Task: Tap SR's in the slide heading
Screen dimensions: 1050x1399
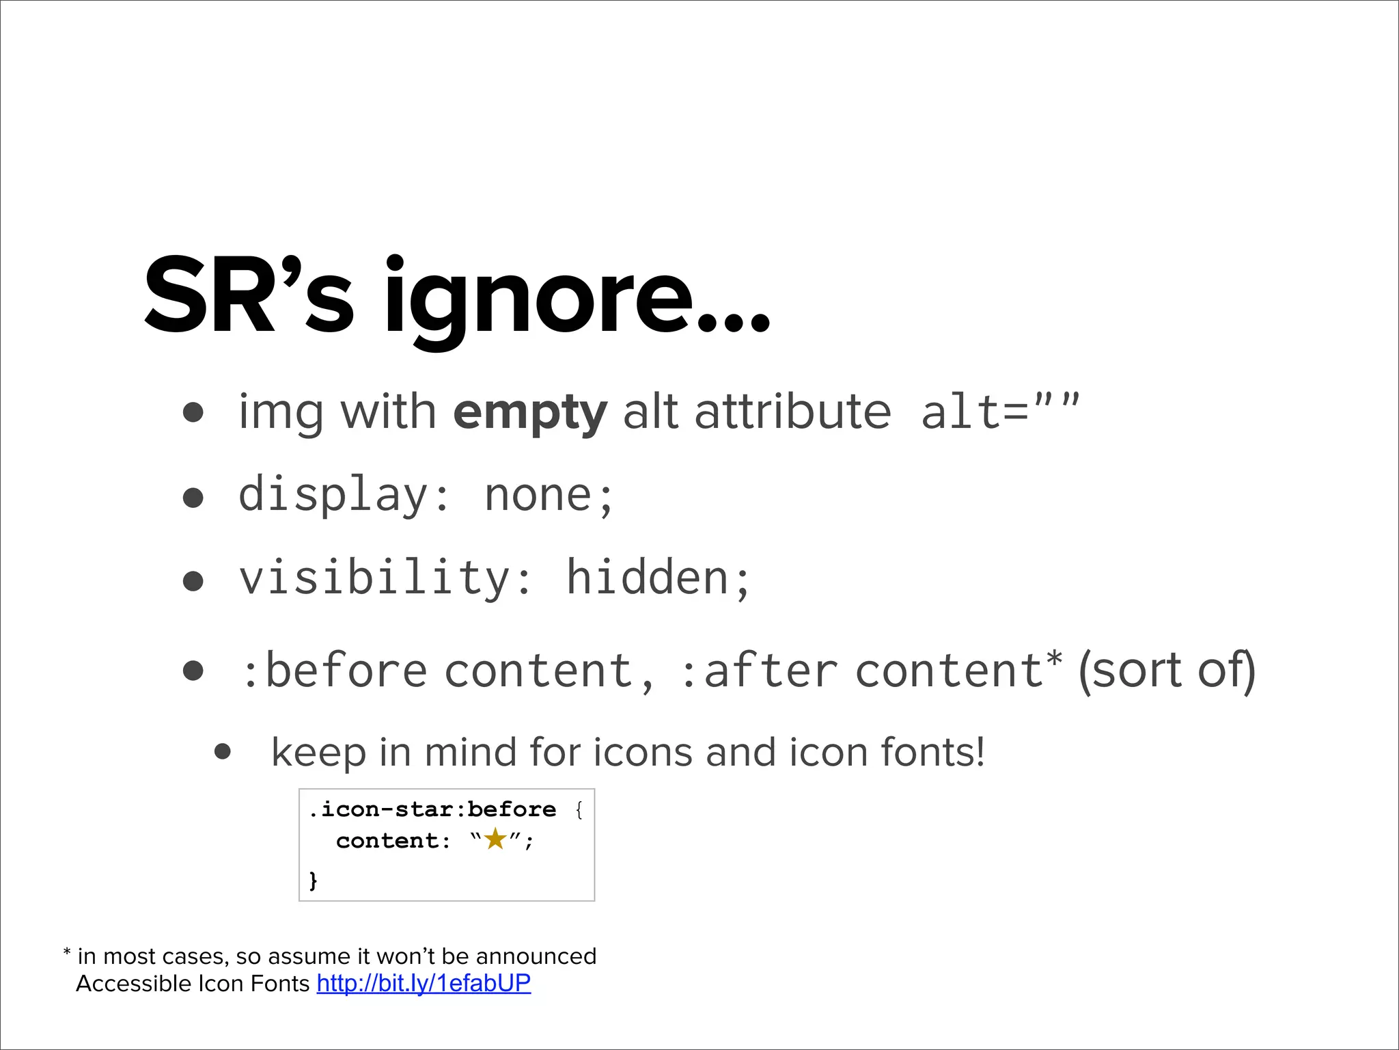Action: point(249,295)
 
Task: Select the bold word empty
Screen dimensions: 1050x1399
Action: point(529,413)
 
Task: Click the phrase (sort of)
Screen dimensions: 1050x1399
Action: point(1167,670)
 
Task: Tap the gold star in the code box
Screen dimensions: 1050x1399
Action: point(495,839)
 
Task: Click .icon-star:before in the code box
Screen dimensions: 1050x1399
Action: point(432,810)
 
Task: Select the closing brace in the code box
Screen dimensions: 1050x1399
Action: point(314,880)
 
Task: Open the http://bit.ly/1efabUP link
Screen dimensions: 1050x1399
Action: point(424,984)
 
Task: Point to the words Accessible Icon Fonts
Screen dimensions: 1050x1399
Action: point(193,984)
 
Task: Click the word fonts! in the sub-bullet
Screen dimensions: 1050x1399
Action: point(932,753)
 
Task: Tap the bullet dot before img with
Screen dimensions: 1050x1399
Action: point(193,413)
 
